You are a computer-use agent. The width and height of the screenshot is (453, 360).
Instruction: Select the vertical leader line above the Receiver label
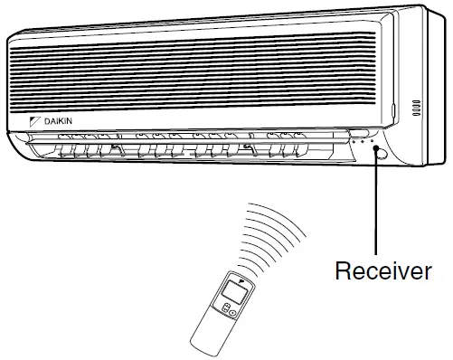373,208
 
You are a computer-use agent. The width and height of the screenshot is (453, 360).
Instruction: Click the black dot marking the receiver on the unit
373,152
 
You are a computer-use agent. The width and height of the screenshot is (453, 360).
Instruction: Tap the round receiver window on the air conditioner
374,153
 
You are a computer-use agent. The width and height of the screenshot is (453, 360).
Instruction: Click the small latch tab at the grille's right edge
394,111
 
